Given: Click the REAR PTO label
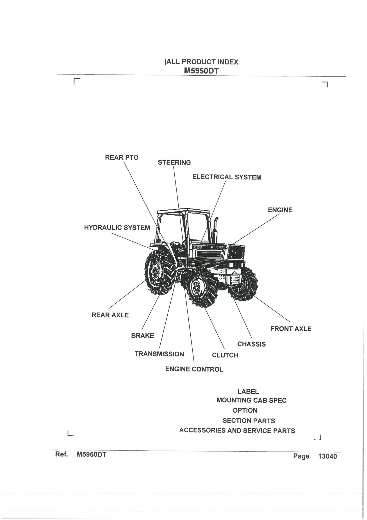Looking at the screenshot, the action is click(121, 157).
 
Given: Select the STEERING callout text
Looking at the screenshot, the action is click(174, 162).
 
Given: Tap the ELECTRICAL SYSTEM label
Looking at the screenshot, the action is click(227, 177).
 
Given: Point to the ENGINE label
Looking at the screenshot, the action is click(280, 210).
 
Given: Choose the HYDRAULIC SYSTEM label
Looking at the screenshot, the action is click(117, 227).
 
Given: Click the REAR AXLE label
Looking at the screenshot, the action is click(110, 315).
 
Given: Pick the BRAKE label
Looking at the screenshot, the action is click(143, 336).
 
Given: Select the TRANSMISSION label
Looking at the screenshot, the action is click(159, 354).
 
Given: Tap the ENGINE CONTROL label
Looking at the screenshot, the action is click(194, 369).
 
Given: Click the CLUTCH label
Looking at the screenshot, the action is click(225, 355).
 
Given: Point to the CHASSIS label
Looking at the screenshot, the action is click(251, 344).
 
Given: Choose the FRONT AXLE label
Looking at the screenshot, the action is click(291, 329).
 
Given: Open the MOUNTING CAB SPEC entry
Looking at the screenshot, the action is click(251, 400).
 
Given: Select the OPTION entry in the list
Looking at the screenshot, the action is click(245, 411).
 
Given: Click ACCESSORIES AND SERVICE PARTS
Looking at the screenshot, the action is click(237, 431).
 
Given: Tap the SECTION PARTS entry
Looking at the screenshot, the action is click(249, 421).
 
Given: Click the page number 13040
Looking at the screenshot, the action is click(327, 456).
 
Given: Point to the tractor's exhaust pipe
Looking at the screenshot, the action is click(216, 230).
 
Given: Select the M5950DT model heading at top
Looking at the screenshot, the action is click(201, 71).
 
